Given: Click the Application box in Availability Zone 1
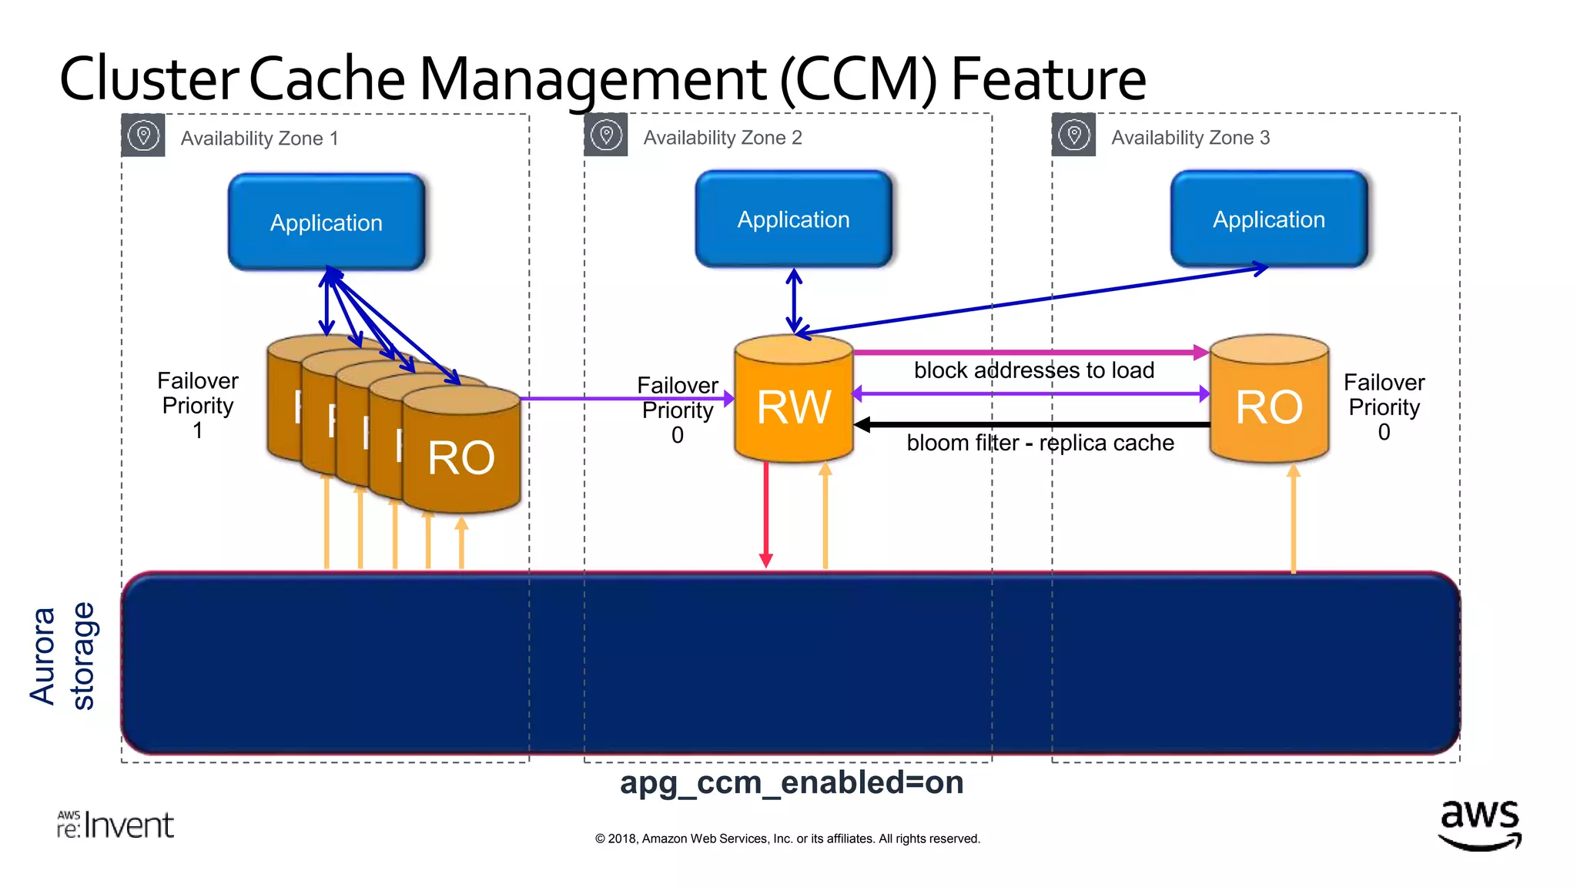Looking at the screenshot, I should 326,223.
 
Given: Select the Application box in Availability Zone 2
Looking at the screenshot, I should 793,219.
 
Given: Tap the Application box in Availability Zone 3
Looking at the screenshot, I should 1268,219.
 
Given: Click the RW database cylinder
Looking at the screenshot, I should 794,407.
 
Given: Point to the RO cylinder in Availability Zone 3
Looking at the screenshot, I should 1268,407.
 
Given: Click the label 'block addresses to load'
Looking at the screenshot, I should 1033,370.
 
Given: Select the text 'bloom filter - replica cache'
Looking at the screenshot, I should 1040,443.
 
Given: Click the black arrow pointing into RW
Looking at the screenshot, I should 1032,424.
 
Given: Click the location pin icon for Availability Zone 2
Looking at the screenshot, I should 606,136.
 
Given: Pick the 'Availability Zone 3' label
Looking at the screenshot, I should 1190,138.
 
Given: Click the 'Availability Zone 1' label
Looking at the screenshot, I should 259,139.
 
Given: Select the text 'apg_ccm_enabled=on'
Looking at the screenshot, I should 792,782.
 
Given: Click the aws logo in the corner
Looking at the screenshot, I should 1479,824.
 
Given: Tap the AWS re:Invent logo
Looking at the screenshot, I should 116,825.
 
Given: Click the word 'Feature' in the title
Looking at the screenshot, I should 1048,79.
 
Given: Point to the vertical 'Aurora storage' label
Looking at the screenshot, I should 62,656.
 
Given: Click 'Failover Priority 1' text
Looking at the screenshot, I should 198,405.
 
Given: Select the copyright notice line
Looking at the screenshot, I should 787,838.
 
